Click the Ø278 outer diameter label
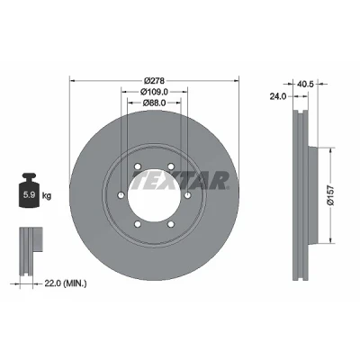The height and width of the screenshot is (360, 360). pos(154,81)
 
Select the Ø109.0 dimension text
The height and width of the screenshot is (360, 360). pos(154,92)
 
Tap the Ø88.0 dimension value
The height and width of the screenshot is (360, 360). pos(154,103)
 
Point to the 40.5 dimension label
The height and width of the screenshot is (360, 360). pos(305,85)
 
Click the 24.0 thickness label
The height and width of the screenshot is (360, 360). pos(278,96)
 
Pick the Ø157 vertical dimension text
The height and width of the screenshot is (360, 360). pos(330,195)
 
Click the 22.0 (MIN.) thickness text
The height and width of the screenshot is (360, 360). pos(66,283)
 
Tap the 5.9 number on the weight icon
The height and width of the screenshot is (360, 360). pos(29,195)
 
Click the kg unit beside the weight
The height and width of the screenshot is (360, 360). pos(47,196)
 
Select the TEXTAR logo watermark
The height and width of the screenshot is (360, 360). pos(180,181)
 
